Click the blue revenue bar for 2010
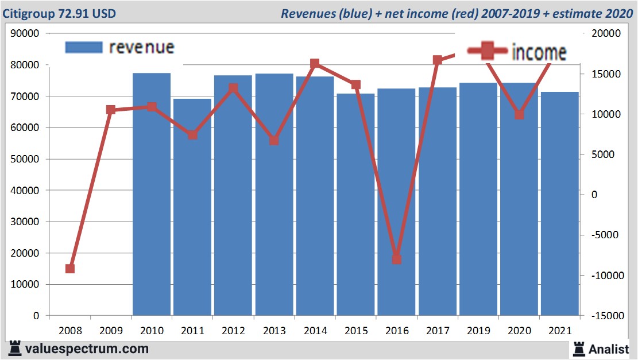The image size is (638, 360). pyautogui.click(x=152, y=195)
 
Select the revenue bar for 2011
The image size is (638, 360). pyautogui.click(x=192, y=207)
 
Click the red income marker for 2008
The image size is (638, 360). pyautogui.click(x=70, y=269)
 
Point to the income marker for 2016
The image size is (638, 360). pyautogui.click(x=396, y=259)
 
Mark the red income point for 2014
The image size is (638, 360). pyautogui.click(x=315, y=64)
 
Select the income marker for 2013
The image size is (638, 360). pyautogui.click(x=274, y=141)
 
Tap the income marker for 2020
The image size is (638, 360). pyautogui.click(x=519, y=115)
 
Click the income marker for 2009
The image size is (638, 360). pyautogui.click(x=111, y=110)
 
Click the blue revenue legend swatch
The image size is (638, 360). pyautogui.click(x=84, y=47)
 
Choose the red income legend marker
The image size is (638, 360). pyautogui.click(x=488, y=52)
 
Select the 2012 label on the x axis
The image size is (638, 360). pyautogui.click(x=234, y=331)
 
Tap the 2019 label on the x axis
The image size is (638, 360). pyautogui.click(x=478, y=331)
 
